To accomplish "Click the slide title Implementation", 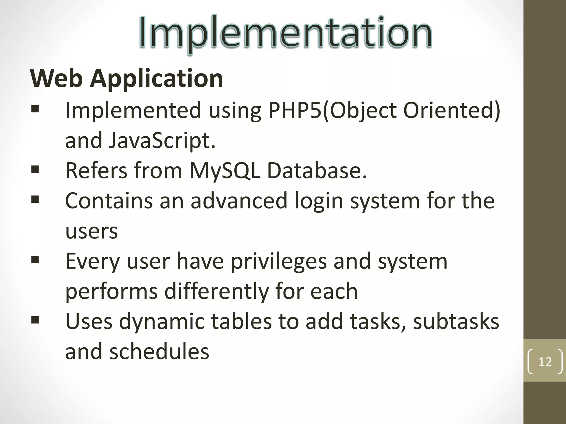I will click(x=285, y=33).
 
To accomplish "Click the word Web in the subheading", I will click(x=56, y=78).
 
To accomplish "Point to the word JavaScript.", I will click(x=162, y=141).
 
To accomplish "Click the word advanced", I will click(x=239, y=201).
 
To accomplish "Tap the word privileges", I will click(x=279, y=262).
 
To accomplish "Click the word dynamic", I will click(x=162, y=322).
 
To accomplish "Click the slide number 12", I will click(x=545, y=362).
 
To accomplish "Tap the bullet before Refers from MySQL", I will click(x=35, y=169).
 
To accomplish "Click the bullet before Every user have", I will click(x=35, y=259).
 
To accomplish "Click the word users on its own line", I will click(x=91, y=231).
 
